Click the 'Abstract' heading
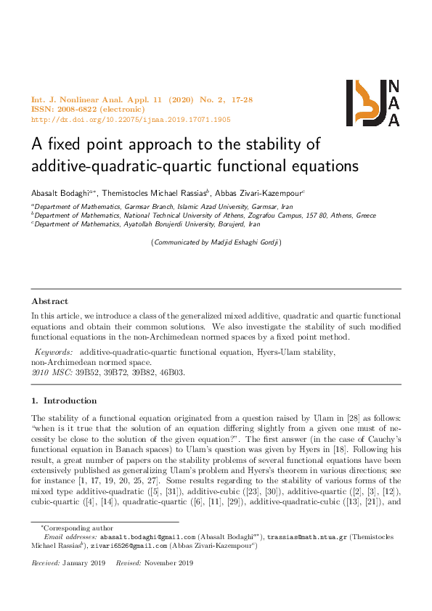(50, 301)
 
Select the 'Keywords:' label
(54, 352)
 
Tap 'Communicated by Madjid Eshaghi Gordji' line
(216, 242)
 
